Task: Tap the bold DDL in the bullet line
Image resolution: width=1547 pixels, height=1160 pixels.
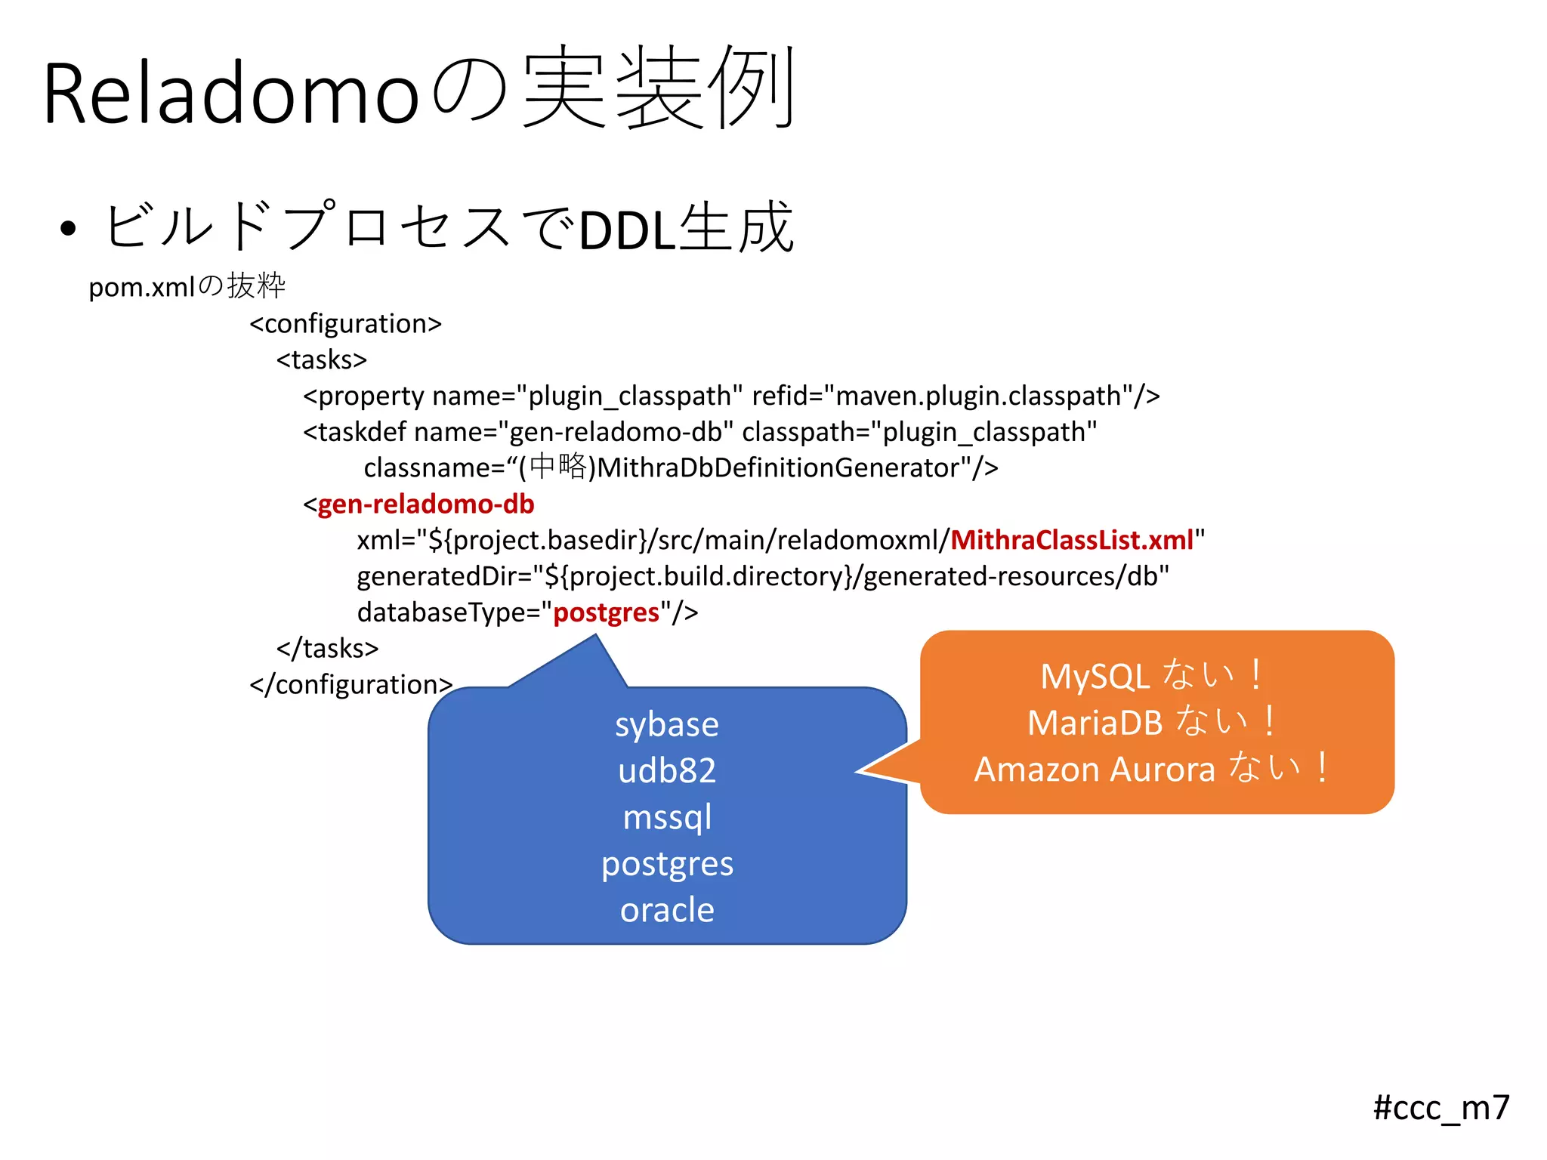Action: coord(626,230)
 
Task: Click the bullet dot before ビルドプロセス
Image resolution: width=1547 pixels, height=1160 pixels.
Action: coord(68,229)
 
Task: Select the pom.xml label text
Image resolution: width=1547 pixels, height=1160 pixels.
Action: coord(141,287)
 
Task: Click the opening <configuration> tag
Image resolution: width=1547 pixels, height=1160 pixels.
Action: coord(345,323)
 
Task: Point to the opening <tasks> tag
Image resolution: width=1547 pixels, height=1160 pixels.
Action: coord(321,359)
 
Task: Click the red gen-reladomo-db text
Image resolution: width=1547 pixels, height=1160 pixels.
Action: coord(425,504)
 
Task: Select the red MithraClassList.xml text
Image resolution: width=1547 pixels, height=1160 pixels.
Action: coord(1072,540)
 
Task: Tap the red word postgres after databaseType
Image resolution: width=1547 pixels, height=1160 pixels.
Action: coord(606,612)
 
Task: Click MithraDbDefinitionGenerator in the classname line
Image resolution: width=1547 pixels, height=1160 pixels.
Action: coord(779,468)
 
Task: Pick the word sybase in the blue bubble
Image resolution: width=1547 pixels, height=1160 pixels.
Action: coord(666,724)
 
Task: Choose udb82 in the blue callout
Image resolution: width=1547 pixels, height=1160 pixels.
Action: coord(666,771)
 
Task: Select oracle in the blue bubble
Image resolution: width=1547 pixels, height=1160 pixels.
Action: coord(666,910)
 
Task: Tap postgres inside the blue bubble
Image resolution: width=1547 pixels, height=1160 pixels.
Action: coord(666,864)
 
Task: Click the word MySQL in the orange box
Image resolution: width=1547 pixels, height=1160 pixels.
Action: coord(1095,677)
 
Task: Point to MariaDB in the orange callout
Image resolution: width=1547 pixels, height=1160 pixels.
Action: coord(1095,723)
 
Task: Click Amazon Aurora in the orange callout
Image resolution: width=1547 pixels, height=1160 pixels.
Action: coord(1095,770)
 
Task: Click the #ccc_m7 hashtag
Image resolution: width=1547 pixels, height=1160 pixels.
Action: coord(1440,1108)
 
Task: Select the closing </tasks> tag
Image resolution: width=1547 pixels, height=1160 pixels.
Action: coord(327,648)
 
